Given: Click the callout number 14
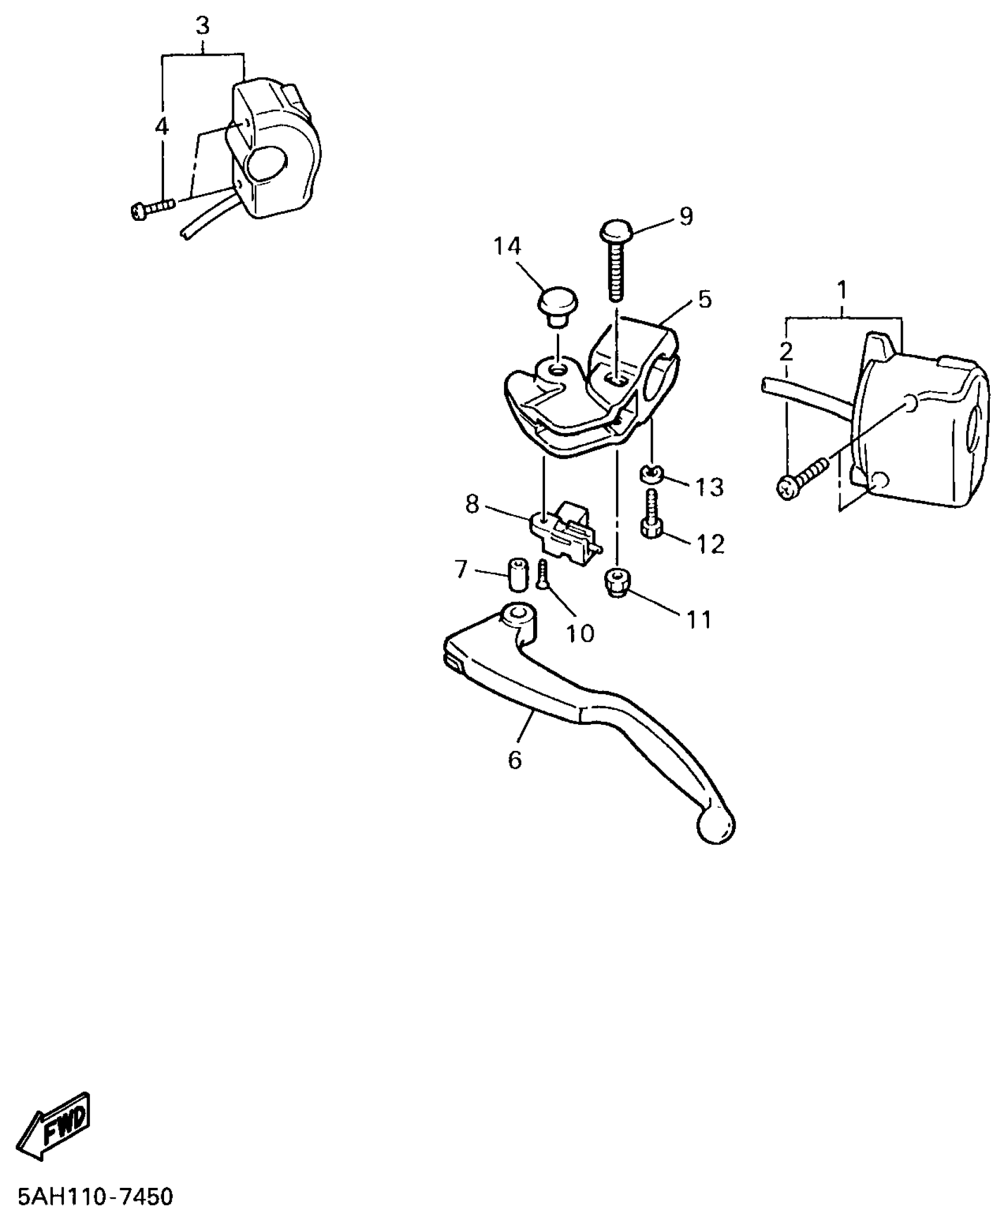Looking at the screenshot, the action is tap(507, 246).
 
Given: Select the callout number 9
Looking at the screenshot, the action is tap(685, 217).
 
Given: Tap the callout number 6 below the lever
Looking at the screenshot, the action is tap(514, 760).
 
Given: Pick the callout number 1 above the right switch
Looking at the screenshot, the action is tap(841, 291).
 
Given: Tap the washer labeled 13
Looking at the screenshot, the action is tap(651, 473).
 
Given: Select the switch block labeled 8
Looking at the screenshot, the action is tap(564, 532).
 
